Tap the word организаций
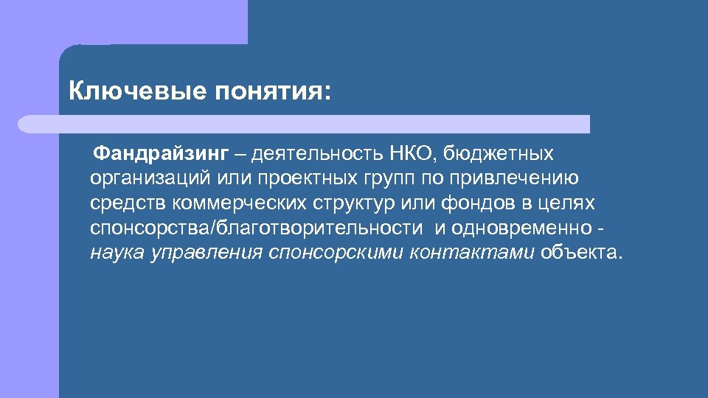point(148,179)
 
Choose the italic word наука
point(117,253)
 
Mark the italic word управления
point(206,253)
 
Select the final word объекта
point(580,253)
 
